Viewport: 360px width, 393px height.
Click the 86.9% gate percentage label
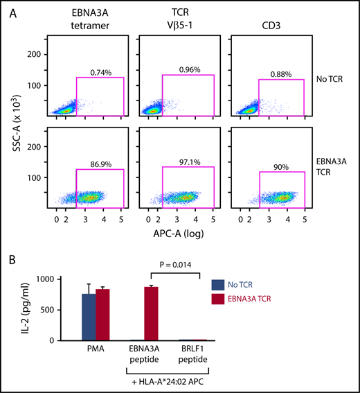pyautogui.click(x=101, y=164)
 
